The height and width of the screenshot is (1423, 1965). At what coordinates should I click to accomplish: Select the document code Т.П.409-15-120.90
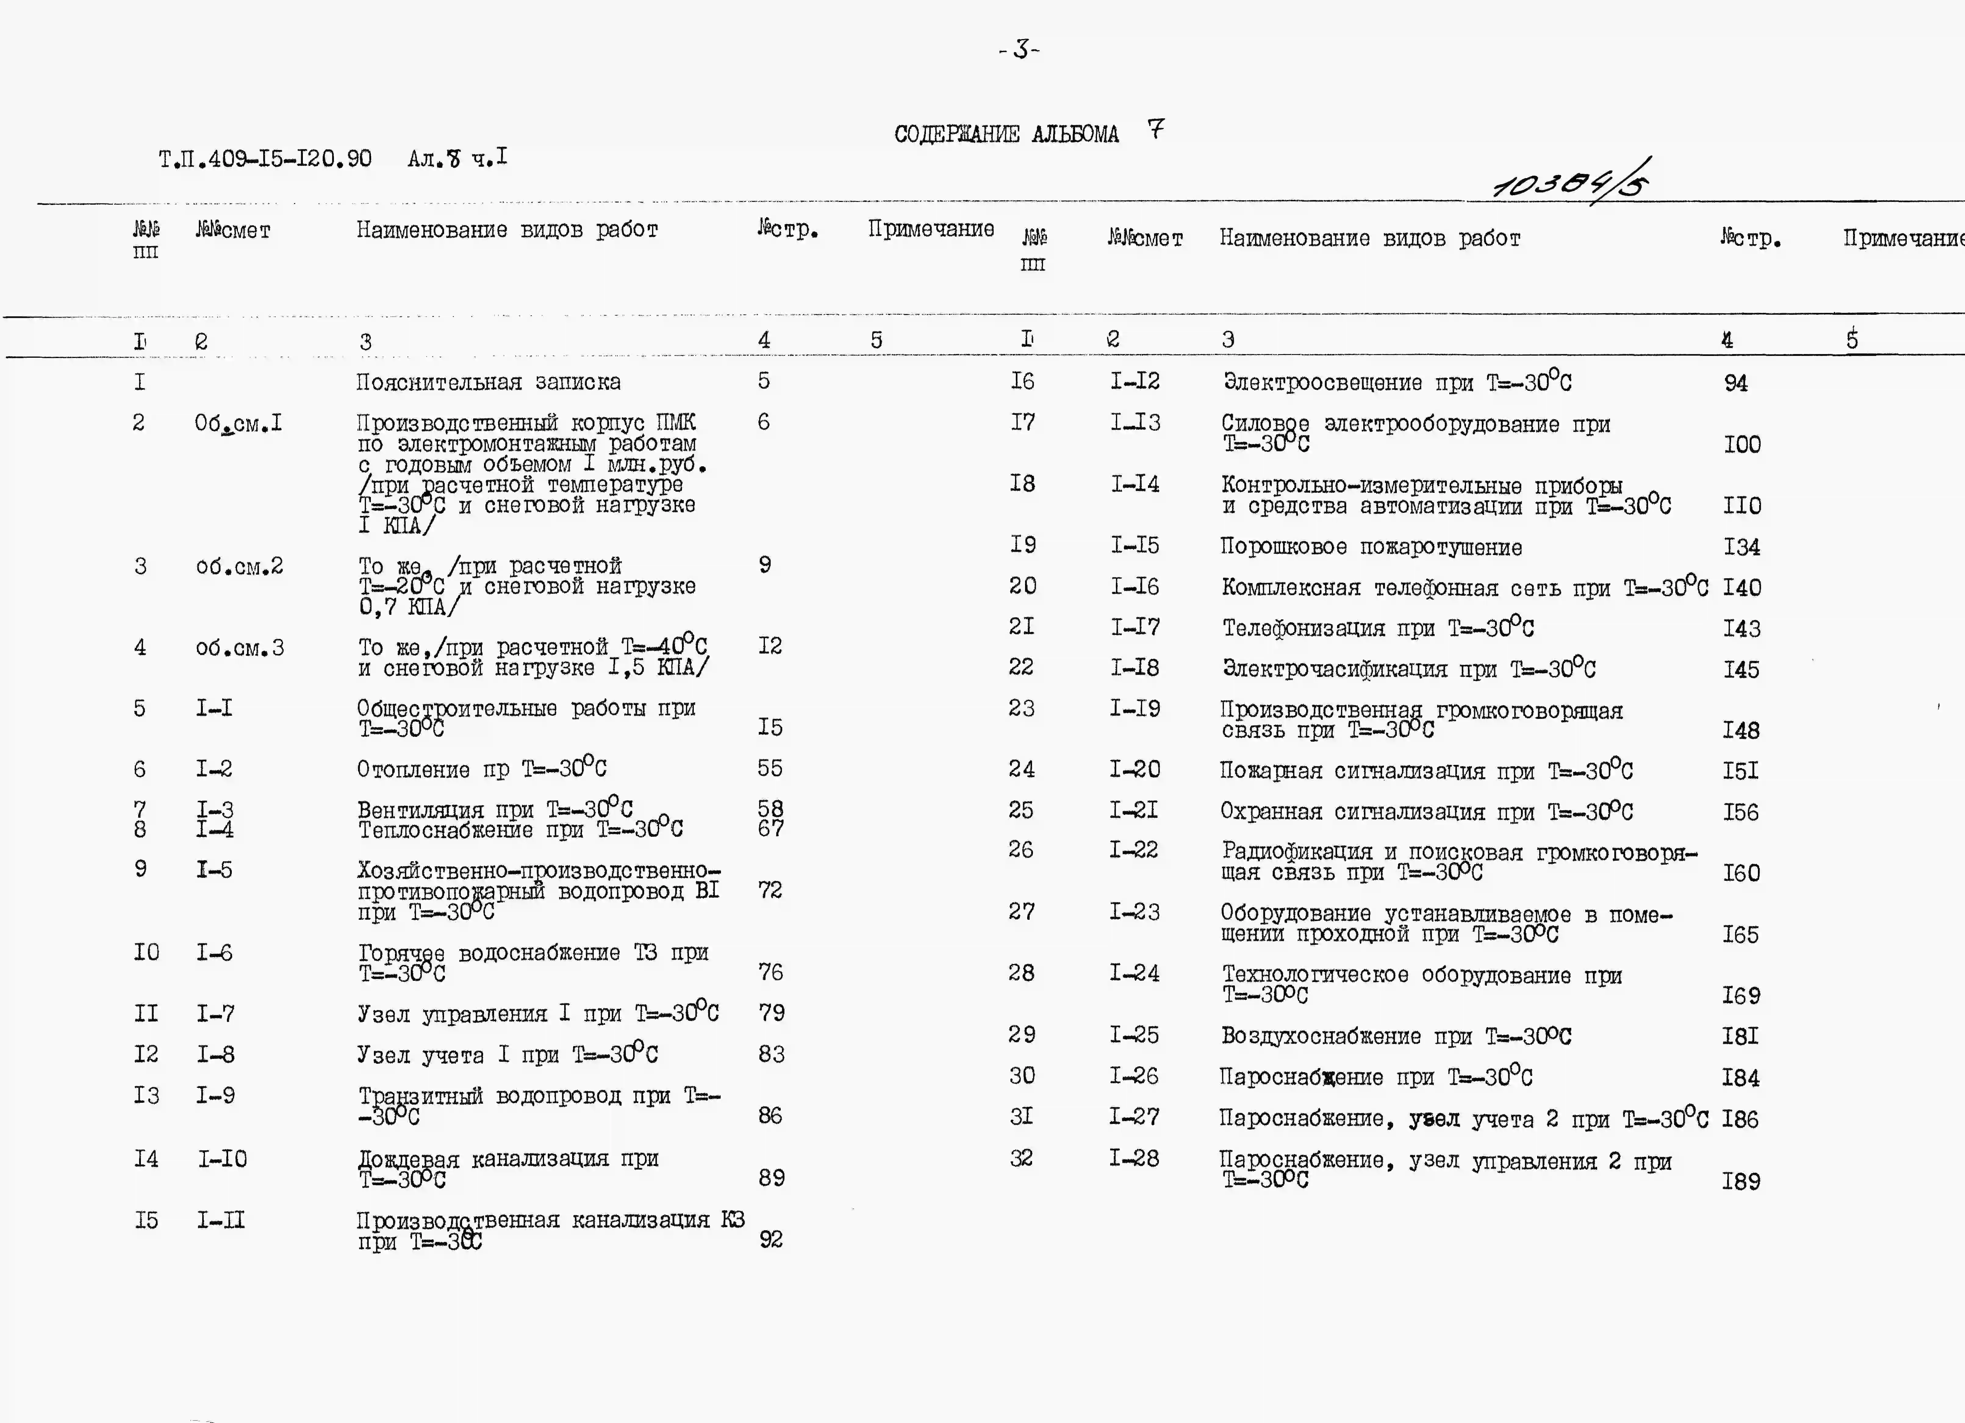click(265, 159)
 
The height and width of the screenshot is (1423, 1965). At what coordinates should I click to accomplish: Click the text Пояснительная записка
click(488, 382)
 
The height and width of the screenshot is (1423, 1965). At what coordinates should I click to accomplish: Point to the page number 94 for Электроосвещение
click(1735, 383)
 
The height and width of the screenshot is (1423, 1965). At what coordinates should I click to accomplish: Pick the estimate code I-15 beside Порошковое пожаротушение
click(1135, 545)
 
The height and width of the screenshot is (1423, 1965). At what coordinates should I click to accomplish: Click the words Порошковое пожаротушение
click(1371, 547)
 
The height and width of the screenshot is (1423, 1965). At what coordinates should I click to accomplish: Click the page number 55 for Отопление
click(769, 768)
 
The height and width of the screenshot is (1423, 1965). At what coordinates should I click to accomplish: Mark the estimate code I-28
click(1134, 1158)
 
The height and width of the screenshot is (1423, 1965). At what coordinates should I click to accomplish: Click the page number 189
click(1741, 1181)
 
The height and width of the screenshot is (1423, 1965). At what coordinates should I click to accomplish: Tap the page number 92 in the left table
click(770, 1239)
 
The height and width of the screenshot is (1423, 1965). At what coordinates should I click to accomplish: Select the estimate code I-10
click(222, 1159)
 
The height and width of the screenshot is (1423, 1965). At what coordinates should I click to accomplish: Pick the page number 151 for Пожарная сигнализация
click(1740, 770)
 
